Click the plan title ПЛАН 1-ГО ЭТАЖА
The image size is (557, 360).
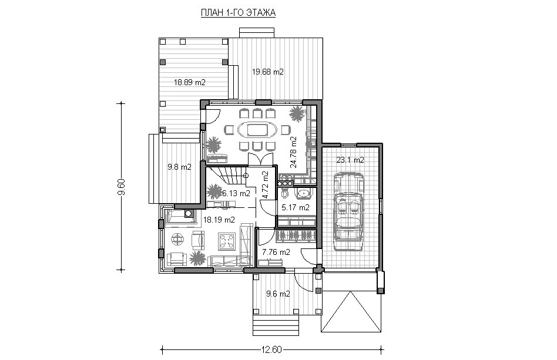(x=239, y=13)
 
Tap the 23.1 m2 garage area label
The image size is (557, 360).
(x=350, y=160)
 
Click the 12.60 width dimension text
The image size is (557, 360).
(x=271, y=349)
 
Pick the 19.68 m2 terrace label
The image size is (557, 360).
(x=268, y=72)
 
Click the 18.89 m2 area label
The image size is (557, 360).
(x=190, y=83)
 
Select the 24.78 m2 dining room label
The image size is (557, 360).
(x=293, y=152)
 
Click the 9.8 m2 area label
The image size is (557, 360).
(x=179, y=167)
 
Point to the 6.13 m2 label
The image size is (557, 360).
(x=236, y=193)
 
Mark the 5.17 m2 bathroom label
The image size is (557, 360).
(x=296, y=207)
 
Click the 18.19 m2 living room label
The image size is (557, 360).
(x=219, y=220)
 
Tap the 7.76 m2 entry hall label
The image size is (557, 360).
(x=276, y=253)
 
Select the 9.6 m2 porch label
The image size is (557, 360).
(x=278, y=294)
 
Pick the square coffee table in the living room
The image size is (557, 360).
(x=226, y=242)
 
